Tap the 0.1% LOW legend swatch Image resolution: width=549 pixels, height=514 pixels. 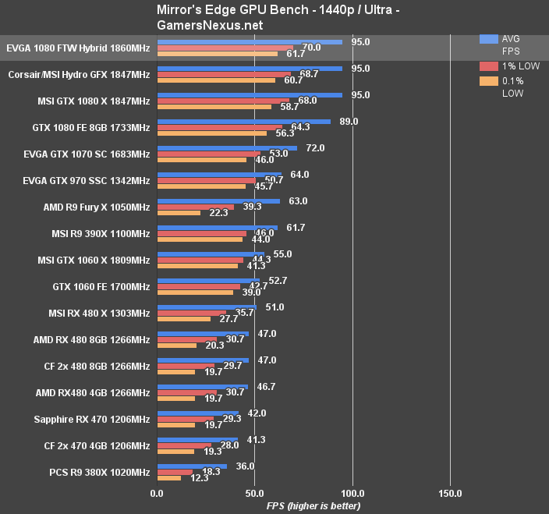[x=489, y=81]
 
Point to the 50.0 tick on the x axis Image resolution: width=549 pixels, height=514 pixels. [x=254, y=493]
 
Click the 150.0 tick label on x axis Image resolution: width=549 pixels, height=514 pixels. [x=449, y=493]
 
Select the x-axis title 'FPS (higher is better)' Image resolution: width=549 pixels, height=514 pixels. [x=313, y=505]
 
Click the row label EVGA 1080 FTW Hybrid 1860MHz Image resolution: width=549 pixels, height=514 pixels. [x=77, y=48]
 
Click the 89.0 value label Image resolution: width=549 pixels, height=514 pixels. [x=349, y=122]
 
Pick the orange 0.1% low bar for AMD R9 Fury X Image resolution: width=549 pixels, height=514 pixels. [x=179, y=213]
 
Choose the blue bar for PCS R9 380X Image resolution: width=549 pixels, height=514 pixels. [x=192, y=466]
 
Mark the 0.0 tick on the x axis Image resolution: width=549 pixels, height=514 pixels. [x=157, y=493]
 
